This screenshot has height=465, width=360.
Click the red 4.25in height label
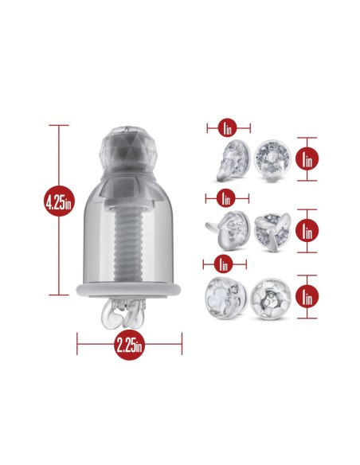point(59,201)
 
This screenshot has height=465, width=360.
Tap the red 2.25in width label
point(129,345)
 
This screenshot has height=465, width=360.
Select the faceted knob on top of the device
point(125,149)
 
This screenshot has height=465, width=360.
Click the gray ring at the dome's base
point(128,290)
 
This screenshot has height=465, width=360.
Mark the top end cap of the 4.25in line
point(59,126)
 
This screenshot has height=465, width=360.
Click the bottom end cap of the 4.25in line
point(59,295)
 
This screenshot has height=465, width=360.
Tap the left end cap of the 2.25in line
point(77,344)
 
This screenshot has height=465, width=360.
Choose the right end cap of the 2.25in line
point(182,344)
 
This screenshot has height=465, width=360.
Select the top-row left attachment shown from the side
point(233,160)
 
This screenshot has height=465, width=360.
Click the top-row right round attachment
point(272,161)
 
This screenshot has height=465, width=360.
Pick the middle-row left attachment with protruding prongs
point(228,230)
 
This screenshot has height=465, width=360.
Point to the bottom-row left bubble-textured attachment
point(226,298)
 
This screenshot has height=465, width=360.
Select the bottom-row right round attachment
point(270,299)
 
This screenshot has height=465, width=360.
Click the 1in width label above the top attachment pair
point(227,128)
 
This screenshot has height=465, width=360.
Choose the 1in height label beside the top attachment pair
point(307,158)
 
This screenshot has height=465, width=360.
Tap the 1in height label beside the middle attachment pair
point(307,230)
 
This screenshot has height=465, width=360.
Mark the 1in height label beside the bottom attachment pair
point(307,296)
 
